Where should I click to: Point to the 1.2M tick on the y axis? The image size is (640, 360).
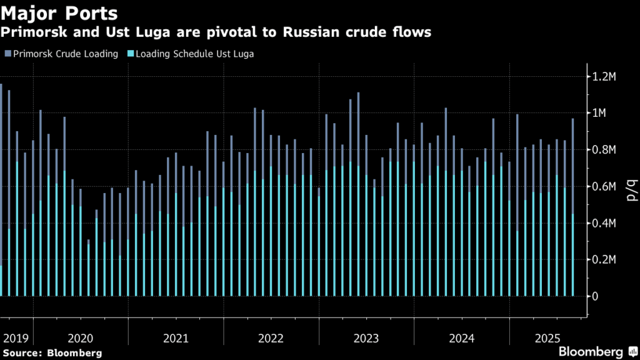pos(609,77)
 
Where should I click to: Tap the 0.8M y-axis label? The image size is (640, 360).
pos(609,150)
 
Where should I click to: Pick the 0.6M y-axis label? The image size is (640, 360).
pos(609,186)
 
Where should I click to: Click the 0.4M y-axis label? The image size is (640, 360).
pos(609,223)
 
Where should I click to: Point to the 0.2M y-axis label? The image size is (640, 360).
pos(609,259)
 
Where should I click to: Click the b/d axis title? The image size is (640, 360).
pos(630,187)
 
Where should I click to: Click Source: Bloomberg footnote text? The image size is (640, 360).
pos(52,353)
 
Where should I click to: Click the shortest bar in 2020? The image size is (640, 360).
pos(88,269)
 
